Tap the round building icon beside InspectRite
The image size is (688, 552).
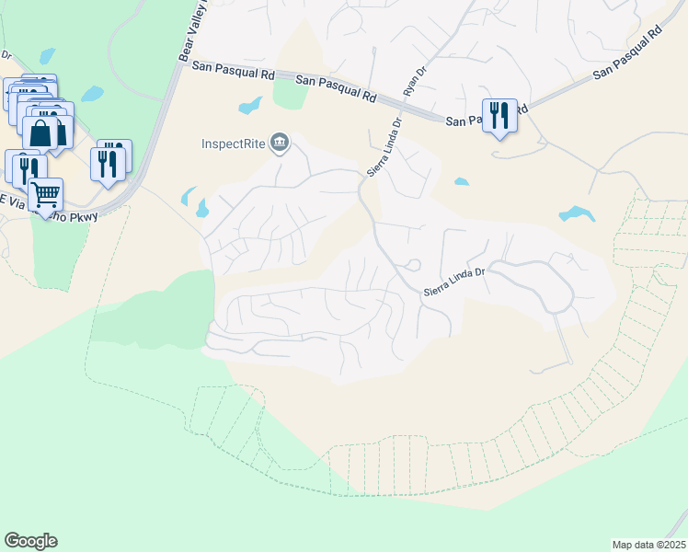pyautogui.click(x=279, y=142)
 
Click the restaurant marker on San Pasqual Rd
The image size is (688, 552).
pyautogui.click(x=499, y=115)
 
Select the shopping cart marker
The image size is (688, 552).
pyautogui.click(x=45, y=194)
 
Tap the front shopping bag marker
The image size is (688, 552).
pyautogui.click(x=41, y=132)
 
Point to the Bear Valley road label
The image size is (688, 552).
pyautogui.click(x=193, y=32)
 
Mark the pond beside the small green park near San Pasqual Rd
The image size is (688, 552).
pyautogui.click(x=250, y=106)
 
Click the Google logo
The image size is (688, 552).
pyautogui.click(x=30, y=541)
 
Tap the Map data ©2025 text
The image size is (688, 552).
pyautogui.click(x=648, y=544)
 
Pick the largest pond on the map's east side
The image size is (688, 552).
pyautogui.click(x=577, y=214)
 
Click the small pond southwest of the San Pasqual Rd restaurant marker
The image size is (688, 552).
pyautogui.click(x=461, y=181)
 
